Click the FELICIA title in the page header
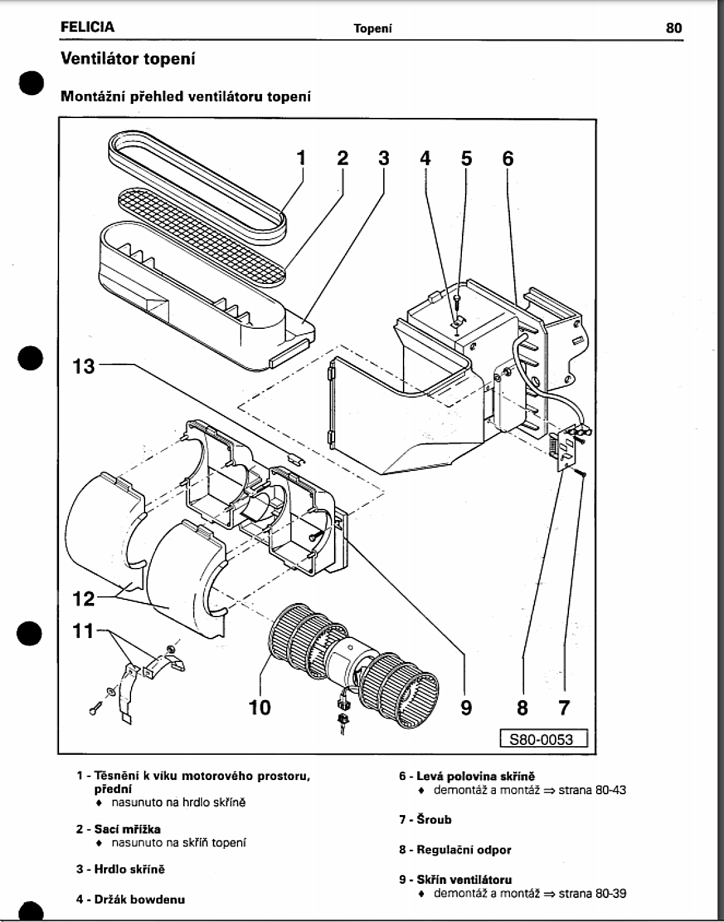[87, 27]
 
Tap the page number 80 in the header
[674, 28]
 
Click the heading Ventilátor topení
[128, 59]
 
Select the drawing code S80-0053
[544, 738]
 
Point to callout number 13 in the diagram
[84, 366]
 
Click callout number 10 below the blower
[260, 707]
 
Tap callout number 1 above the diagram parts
[301, 158]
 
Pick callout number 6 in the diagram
[507, 158]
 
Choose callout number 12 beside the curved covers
[84, 598]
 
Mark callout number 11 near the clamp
[84, 631]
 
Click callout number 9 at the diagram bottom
[466, 708]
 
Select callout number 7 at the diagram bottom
[563, 708]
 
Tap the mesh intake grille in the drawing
[203, 237]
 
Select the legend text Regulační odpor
[464, 850]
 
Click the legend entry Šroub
[434, 819]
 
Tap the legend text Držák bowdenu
[139, 899]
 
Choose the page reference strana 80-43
[592, 790]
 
